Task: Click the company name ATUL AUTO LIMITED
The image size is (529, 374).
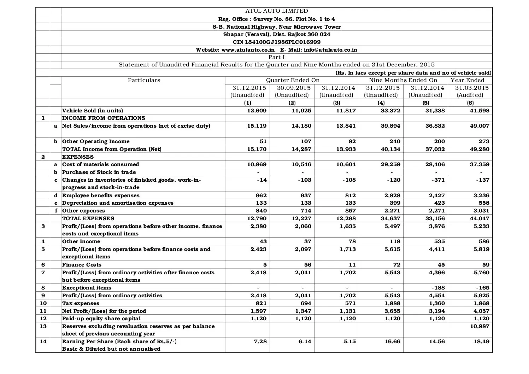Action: point(277,11)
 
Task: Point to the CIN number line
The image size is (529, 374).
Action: point(277,42)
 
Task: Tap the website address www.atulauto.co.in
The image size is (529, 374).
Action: point(248,50)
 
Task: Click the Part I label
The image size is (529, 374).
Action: point(277,57)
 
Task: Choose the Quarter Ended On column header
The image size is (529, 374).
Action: point(293,80)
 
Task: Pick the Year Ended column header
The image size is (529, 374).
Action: point(468,80)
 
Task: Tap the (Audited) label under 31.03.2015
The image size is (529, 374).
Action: point(470,95)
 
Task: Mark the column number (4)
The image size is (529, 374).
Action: point(381,103)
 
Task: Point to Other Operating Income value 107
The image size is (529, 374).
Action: point(306,141)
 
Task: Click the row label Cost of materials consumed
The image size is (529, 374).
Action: point(101,164)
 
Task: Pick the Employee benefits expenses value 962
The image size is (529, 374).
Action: point(261,195)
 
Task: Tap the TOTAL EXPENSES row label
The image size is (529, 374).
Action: point(88,218)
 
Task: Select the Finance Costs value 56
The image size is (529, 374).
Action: point(307,265)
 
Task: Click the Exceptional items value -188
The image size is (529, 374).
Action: point(437,288)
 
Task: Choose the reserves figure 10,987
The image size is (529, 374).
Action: point(479,326)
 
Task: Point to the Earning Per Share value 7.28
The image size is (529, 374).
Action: point(260,341)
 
